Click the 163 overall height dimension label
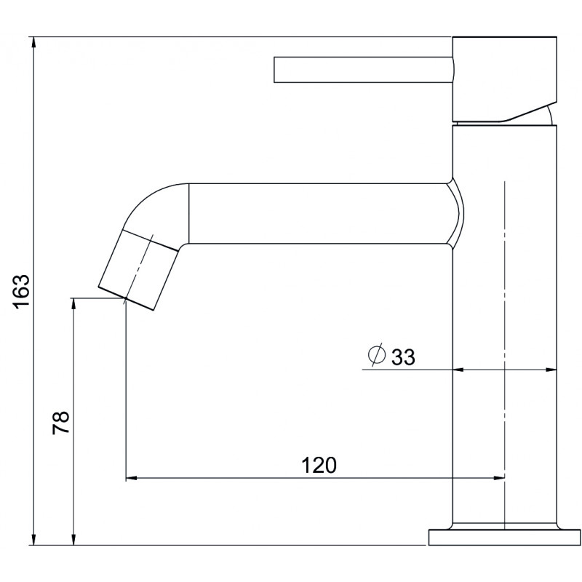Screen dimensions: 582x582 tap(21, 291)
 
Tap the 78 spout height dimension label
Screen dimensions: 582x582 tap(61, 423)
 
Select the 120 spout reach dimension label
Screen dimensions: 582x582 tap(319, 465)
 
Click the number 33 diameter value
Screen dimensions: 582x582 tap(403, 357)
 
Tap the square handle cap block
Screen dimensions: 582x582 tap(505, 79)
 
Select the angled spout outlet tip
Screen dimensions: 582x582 tap(137, 270)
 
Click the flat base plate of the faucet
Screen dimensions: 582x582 tap(504, 537)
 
